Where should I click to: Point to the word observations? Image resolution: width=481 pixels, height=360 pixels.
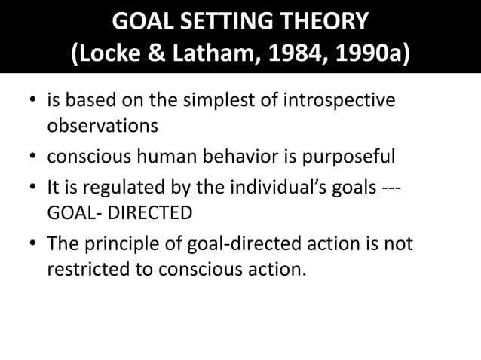pos(103,125)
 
